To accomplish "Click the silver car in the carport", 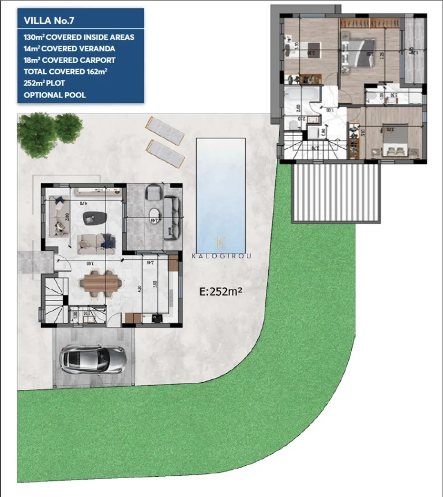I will point(93,358).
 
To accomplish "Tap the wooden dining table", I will point(101,283).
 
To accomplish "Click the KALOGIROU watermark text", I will point(221,255).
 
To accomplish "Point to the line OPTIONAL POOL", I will point(55,95).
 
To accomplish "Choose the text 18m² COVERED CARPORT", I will point(69,60).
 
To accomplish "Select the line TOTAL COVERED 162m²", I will point(66,71).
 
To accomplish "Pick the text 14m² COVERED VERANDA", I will point(69,48).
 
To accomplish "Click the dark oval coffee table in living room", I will point(95,218).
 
